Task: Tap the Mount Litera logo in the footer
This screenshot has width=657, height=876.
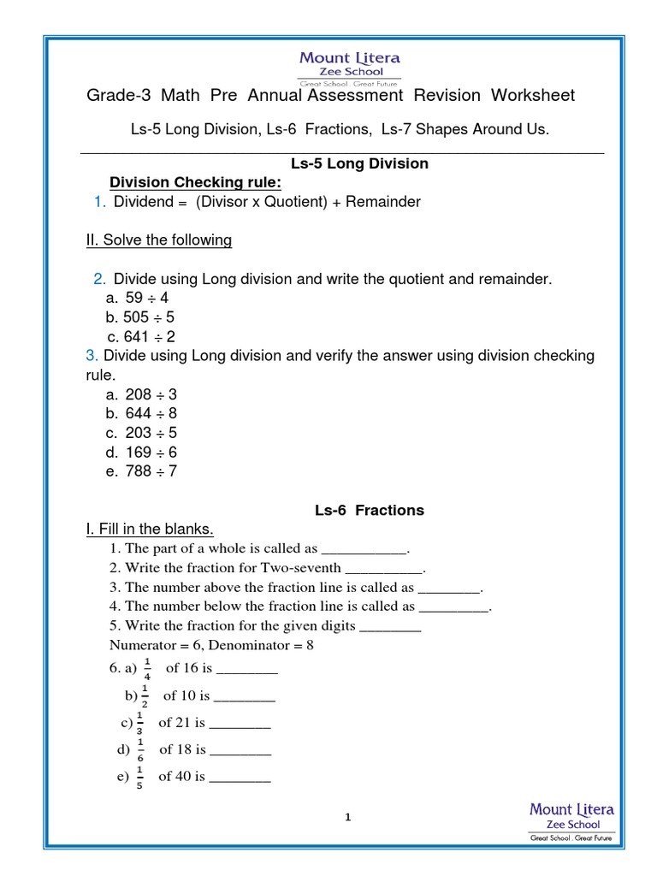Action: pyautogui.click(x=571, y=823)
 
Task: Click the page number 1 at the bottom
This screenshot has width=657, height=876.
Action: pyautogui.click(x=348, y=818)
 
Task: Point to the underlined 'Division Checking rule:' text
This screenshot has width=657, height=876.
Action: pyautogui.click(x=195, y=183)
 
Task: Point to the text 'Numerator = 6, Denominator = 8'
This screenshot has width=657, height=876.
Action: pyautogui.click(x=212, y=645)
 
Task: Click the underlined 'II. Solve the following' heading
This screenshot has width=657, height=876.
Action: pyautogui.click(x=159, y=240)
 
